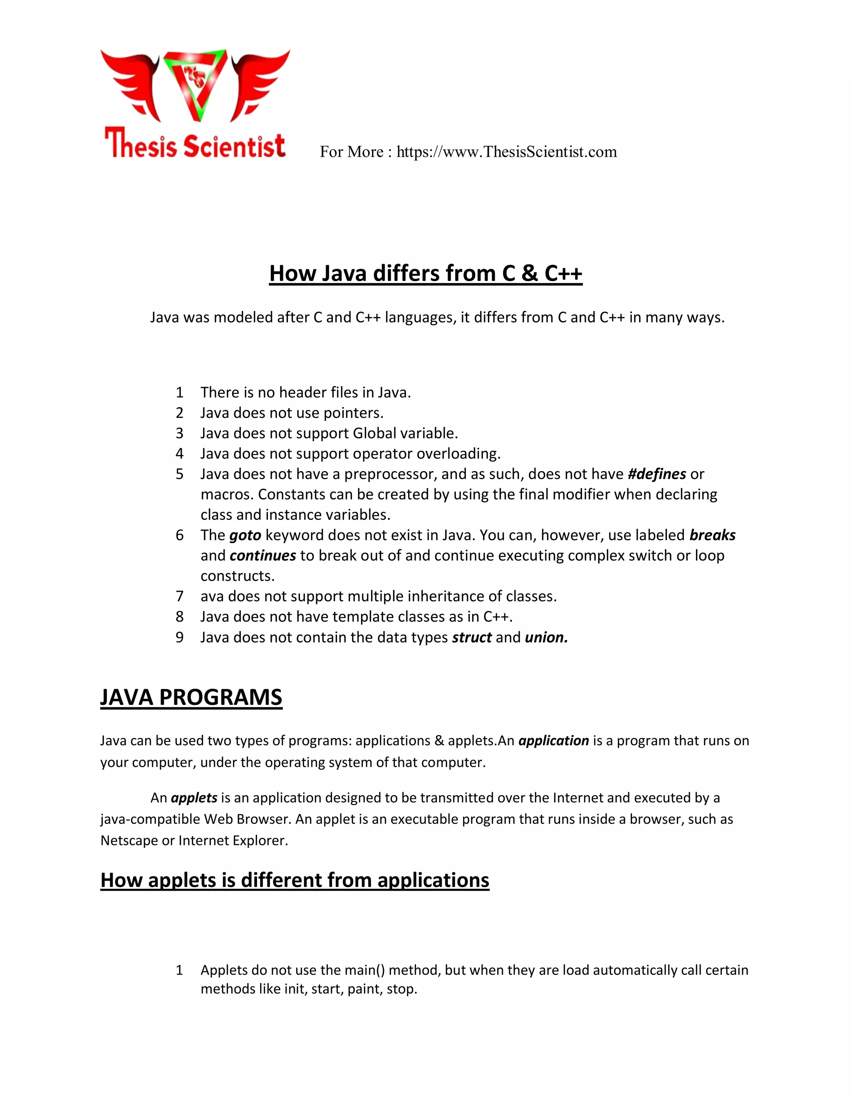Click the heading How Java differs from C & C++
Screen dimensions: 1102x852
(426, 274)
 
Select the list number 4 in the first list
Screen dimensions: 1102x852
(179, 454)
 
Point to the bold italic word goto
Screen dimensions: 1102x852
(245, 535)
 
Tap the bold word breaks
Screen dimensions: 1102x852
(712, 535)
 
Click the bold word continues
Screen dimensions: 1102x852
(263, 556)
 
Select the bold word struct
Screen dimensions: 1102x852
(471, 637)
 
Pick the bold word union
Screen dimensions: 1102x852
(546, 637)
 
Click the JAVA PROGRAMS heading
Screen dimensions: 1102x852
(191, 697)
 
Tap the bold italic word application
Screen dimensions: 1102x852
(553, 741)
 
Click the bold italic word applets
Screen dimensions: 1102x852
(194, 798)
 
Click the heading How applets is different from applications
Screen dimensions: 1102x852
(295, 880)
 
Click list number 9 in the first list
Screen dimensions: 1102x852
(179, 637)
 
